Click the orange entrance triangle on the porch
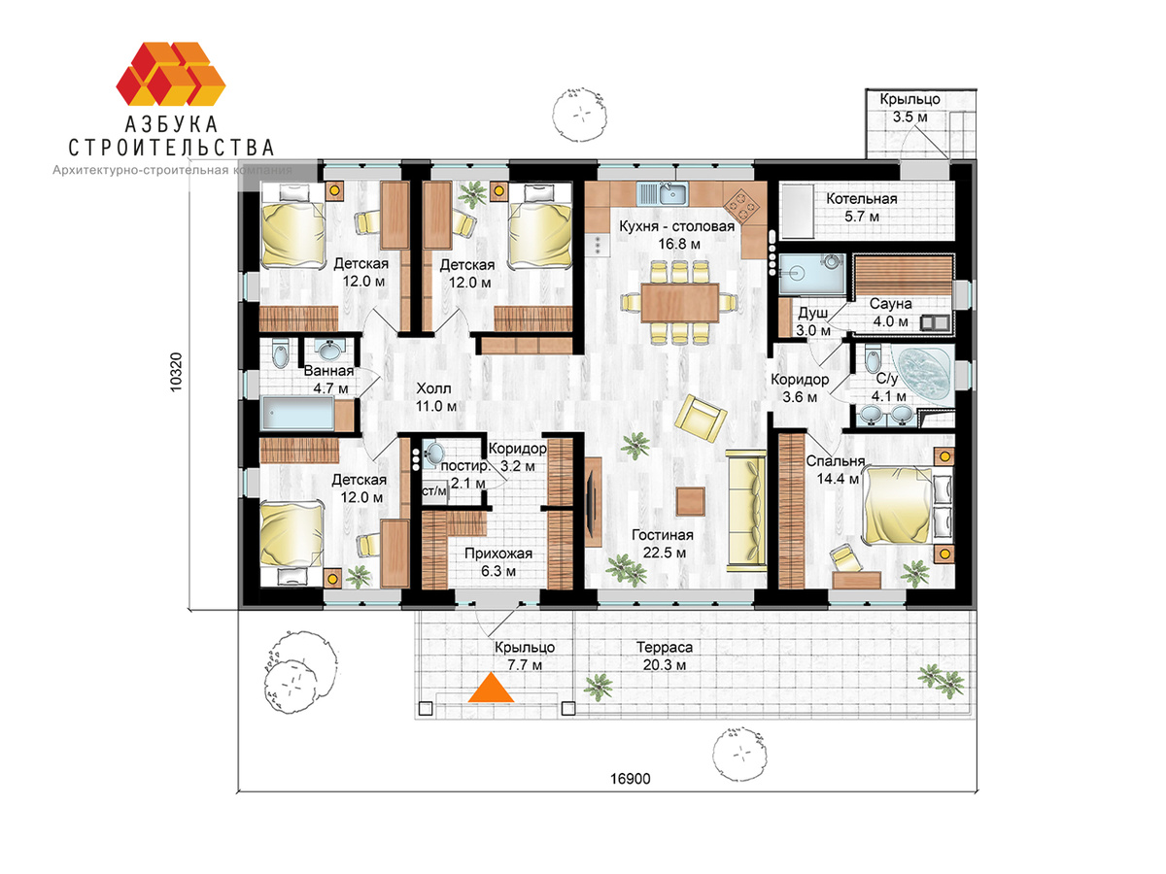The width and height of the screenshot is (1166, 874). coord(491,689)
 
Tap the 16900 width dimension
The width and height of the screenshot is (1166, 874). coord(630,779)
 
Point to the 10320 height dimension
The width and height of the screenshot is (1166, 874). coord(176,373)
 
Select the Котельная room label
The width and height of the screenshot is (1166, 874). coord(861,198)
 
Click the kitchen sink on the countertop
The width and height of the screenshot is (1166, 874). coord(662,194)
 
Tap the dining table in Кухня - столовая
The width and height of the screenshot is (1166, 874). coord(679,302)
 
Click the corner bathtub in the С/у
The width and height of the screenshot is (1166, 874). coord(924,375)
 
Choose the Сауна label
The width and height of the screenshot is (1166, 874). coord(890,304)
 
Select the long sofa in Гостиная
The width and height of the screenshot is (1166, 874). coord(746,510)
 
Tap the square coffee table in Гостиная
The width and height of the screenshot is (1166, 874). coord(691,501)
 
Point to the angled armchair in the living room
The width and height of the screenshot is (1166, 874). coord(701,419)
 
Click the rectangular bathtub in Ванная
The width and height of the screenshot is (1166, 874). coord(298,414)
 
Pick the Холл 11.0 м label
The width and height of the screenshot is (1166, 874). coord(435,397)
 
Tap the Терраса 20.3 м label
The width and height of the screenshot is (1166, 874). coord(664,655)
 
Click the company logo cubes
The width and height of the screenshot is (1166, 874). coord(170,74)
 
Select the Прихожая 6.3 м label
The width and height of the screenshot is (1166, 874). coord(498,562)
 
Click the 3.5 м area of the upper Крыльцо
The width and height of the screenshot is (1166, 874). coord(909,117)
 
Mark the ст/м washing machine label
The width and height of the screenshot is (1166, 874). coord(434,491)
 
